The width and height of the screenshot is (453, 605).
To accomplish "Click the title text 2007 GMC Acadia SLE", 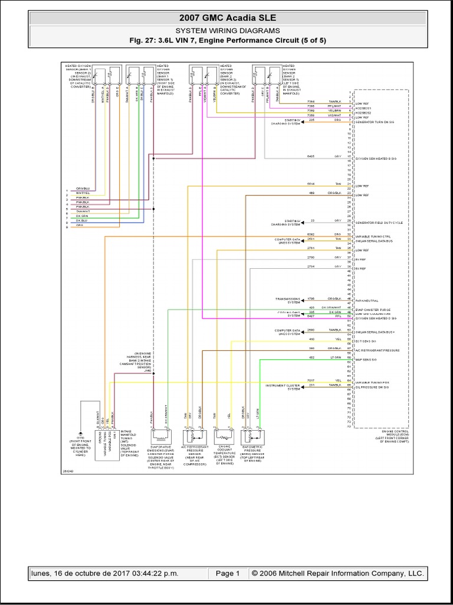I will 226,18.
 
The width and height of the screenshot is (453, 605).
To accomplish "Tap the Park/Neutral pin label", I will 369,300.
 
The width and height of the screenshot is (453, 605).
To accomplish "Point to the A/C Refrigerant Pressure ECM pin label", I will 377,350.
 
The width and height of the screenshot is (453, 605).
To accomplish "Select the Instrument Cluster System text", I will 285,387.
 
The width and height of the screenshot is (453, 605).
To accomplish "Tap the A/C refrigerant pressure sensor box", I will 195,438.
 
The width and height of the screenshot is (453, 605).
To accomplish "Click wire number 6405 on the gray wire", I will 311,157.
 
